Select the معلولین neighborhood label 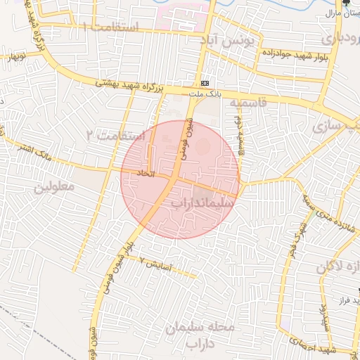click(53, 188)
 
